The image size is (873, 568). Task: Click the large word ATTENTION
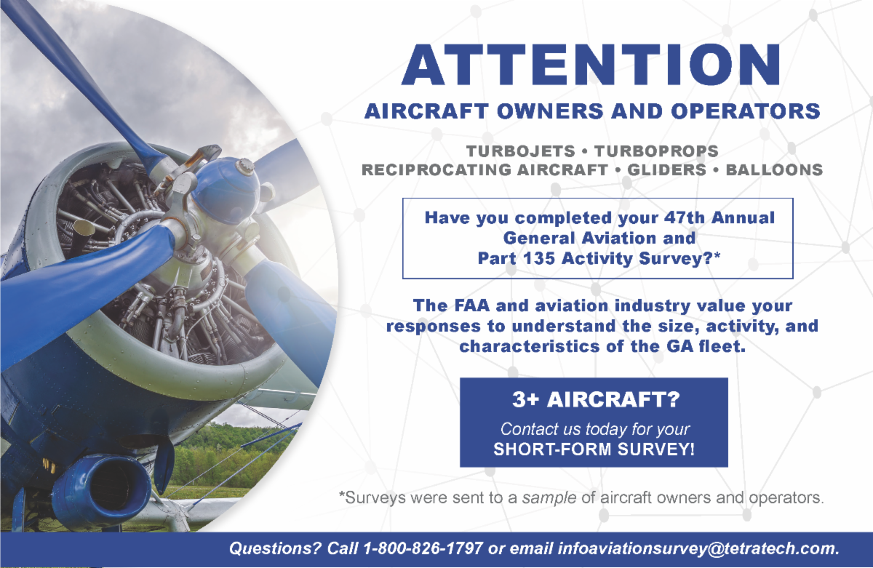pos(591,65)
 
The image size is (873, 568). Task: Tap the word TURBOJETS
pos(521,151)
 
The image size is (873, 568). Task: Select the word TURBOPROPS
pos(656,151)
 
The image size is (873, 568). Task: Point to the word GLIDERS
pos(667,170)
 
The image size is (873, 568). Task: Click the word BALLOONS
pos(774,170)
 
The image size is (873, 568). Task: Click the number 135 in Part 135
pos(539,258)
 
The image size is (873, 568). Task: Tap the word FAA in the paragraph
pos(471,305)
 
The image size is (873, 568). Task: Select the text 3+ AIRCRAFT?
pos(596,399)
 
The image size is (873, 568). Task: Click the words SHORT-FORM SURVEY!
pos(594,449)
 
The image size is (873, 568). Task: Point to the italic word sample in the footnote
pos(549,498)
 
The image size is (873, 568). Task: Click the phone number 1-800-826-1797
pos(423,548)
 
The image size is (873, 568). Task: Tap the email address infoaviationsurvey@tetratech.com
pos(698,548)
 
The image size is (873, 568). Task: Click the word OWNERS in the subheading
pos(550,111)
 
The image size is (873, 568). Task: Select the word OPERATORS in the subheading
pos(746,111)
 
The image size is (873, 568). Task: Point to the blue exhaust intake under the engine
pos(103,487)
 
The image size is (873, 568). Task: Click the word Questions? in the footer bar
pos(275,548)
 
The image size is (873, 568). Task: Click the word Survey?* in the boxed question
pos(679,259)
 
